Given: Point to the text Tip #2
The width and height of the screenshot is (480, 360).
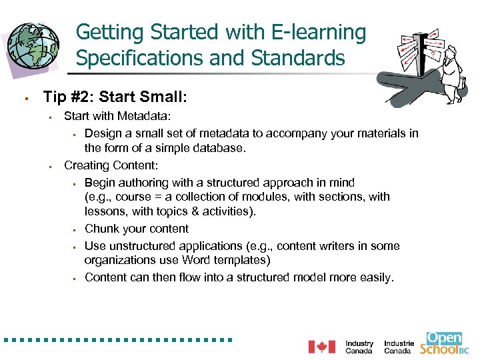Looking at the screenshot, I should (x=67, y=97).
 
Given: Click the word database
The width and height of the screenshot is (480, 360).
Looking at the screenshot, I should (x=217, y=147).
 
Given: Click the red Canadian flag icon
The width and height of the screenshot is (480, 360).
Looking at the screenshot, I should (x=322, y=347).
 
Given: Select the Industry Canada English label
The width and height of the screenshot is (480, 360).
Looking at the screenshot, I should (x=359, y=347).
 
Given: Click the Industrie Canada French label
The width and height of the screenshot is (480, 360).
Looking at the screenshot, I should (x=399, y=347).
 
